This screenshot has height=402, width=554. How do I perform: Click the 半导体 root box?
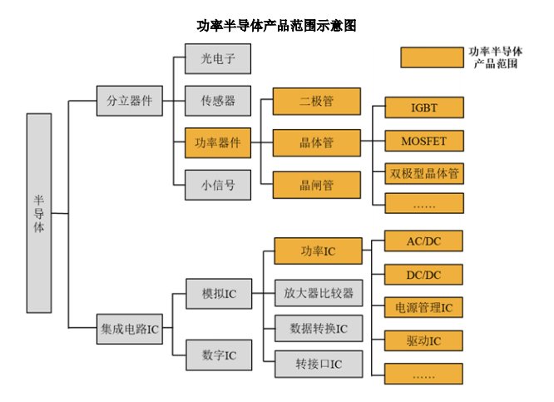(39, 213)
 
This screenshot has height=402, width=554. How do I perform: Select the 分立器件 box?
(130, 101)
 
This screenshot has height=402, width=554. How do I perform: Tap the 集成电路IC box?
(130, 329)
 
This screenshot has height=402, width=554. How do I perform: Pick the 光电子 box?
(218, 59)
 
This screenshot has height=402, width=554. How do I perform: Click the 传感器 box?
(218, 101)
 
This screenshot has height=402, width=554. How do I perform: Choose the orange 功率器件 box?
(218, 143)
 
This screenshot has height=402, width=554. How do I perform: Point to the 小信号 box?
(218, 185)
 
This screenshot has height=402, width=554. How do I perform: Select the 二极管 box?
(317, 101)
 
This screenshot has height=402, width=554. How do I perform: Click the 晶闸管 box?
(317, 185)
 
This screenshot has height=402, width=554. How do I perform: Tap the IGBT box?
(424, 107)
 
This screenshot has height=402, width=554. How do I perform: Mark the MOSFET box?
(424, 141)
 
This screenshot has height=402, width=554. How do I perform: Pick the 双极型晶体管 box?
(424, 174)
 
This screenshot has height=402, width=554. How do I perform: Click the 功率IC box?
(319, 251)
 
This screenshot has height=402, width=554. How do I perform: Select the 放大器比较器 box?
(319, 293)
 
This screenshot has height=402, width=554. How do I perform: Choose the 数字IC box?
(219, 355)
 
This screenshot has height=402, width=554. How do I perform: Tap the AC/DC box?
(423, 241)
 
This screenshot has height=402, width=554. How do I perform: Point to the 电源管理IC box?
(423, 308)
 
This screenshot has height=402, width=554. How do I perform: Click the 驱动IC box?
(423, 341)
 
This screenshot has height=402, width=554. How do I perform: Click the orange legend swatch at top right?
(432, 57)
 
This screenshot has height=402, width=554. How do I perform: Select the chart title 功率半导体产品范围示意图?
(276, 26)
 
